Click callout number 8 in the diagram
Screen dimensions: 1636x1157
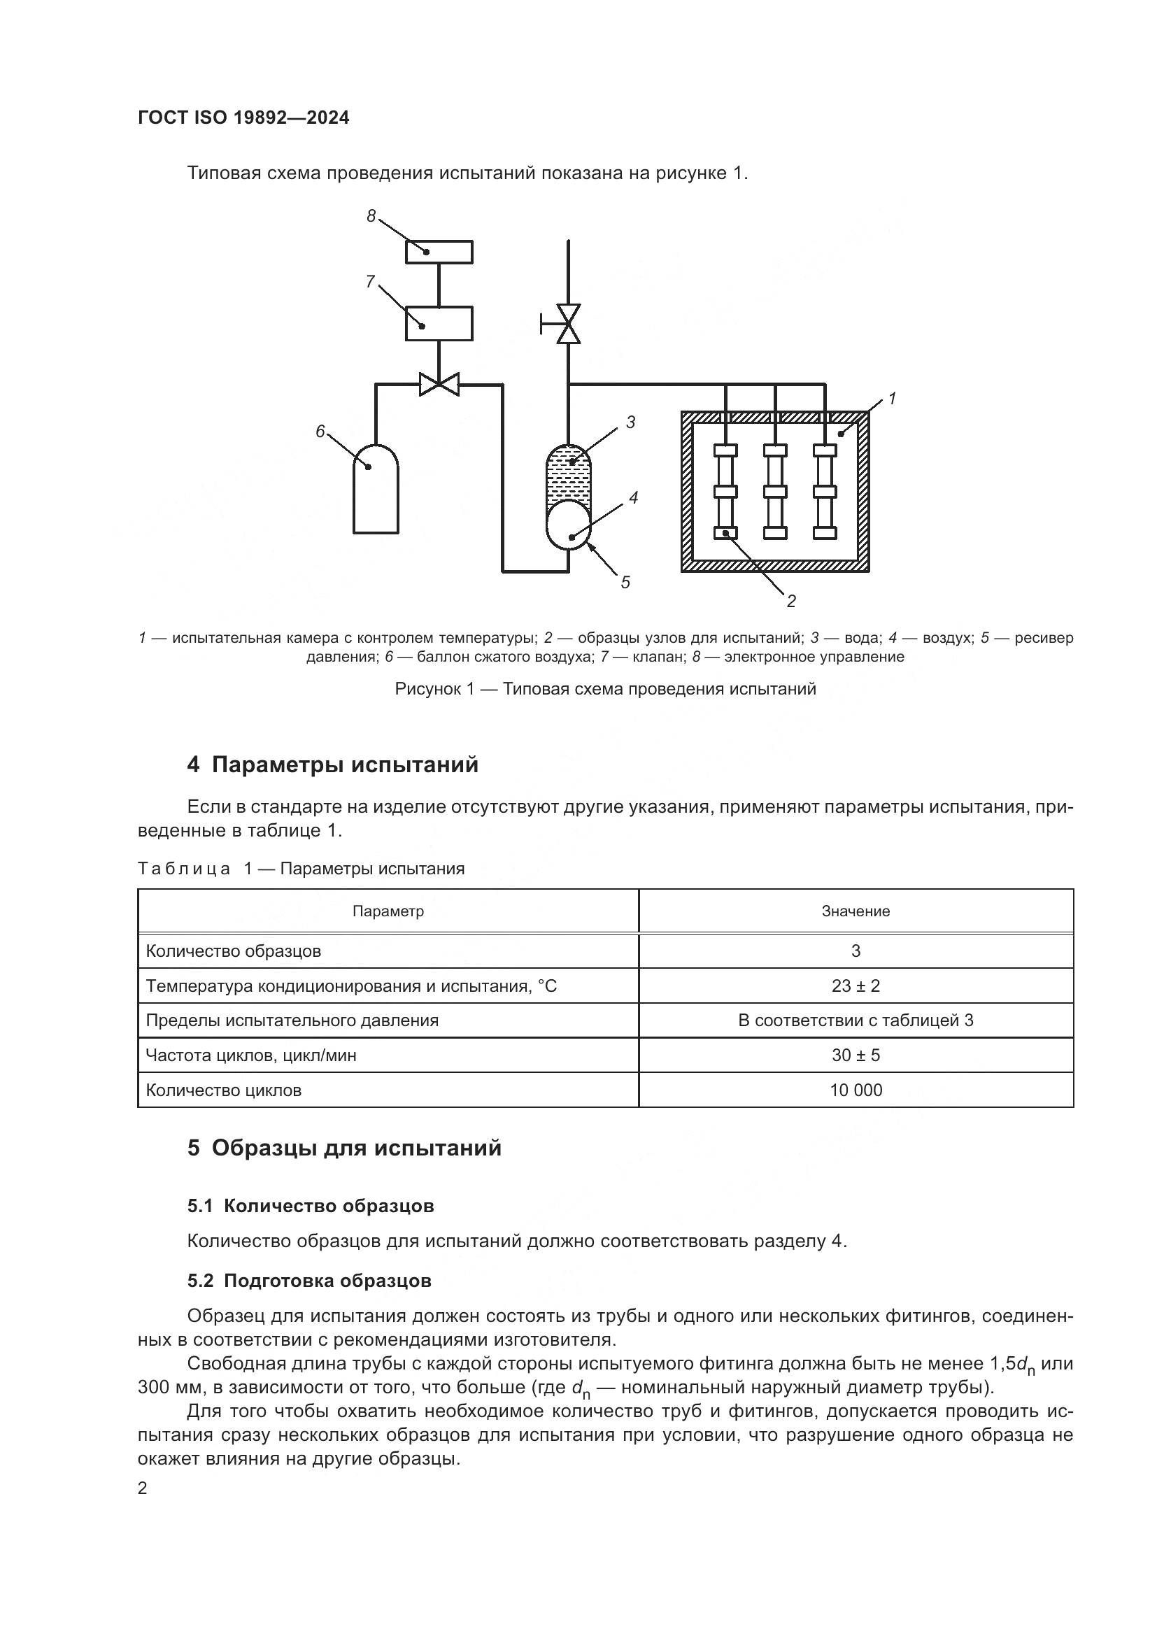click(x=371, y=216)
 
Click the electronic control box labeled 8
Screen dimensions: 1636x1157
click(x=439, y=252)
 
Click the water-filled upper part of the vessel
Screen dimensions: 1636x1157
click(x=569, y=474)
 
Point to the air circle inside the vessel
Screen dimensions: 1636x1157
click(x=569, y=525)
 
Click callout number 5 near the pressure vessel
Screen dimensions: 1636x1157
click(x=625, y=582)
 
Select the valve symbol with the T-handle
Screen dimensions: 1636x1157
click(x=567, y=325)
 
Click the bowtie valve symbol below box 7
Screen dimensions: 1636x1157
click(x=439, y=385)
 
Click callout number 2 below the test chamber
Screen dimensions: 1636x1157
click(x=791, y=602)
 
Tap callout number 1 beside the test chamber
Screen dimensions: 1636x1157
click(x=891, y=399)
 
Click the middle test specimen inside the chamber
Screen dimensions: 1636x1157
click(x=775, y=492)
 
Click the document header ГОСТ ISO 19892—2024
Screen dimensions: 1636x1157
click(x=243, y=118)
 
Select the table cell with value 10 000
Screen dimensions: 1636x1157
click(x=856, y=1090)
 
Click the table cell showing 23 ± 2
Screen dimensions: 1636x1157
click(x=856, y=986)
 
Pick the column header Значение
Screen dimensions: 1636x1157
click(x=856, y=911)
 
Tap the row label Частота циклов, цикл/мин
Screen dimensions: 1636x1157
click(x=251, y=1055)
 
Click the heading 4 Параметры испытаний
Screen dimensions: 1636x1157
click(x=333, y=765)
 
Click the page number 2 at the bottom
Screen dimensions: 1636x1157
click(x=143, y=1488)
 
